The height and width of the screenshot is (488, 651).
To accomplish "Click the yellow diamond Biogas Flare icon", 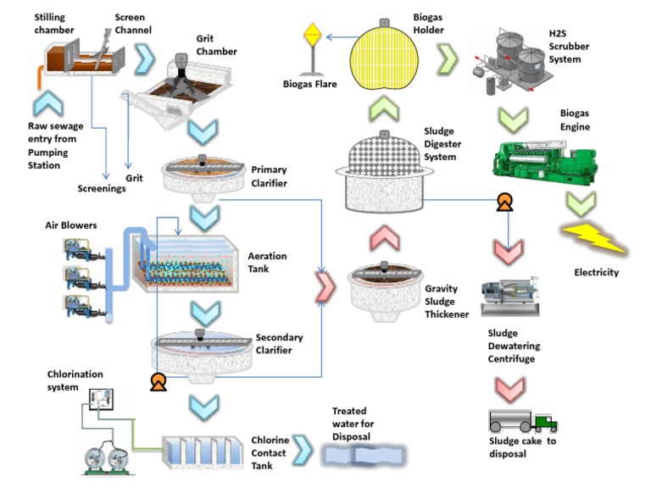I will coord(313,36).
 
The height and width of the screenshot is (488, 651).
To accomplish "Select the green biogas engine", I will coord(536,162).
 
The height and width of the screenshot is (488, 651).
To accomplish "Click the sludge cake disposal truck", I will coord(522,421).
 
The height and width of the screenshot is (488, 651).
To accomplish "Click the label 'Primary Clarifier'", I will coord(269,175).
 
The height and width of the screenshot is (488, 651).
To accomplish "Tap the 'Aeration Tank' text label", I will coord(267,263).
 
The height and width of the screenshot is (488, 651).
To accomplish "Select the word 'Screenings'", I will coord(102,188).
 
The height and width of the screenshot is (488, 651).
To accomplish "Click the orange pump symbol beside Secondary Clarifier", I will coord(157,382).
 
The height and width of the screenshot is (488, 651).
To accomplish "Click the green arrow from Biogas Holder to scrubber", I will coord(447,59).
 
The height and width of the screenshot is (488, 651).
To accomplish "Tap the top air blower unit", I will coord(81,249).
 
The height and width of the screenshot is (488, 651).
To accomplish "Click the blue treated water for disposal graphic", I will coord(365,455).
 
